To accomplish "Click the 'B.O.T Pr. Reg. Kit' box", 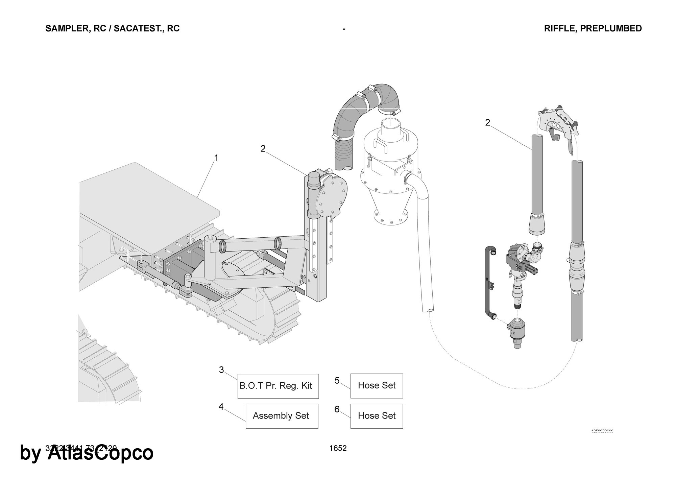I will coord(278,386).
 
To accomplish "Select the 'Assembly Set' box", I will coord(282,416).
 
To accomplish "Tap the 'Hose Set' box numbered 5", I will coord(377,386).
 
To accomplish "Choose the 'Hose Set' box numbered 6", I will coord(377,416).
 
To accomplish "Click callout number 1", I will coord(216,158).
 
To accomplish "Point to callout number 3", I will coord(221,370).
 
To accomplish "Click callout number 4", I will coord(221,407).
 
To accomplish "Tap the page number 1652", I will coord(338,448).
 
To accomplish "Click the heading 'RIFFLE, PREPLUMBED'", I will coord(593,28).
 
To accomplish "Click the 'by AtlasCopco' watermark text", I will coord(87,453).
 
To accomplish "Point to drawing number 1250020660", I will coord(602,431).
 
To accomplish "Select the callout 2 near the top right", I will coord(487,123).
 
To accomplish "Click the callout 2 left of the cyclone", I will coord(263,149).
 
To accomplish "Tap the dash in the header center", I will coord(344,29).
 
